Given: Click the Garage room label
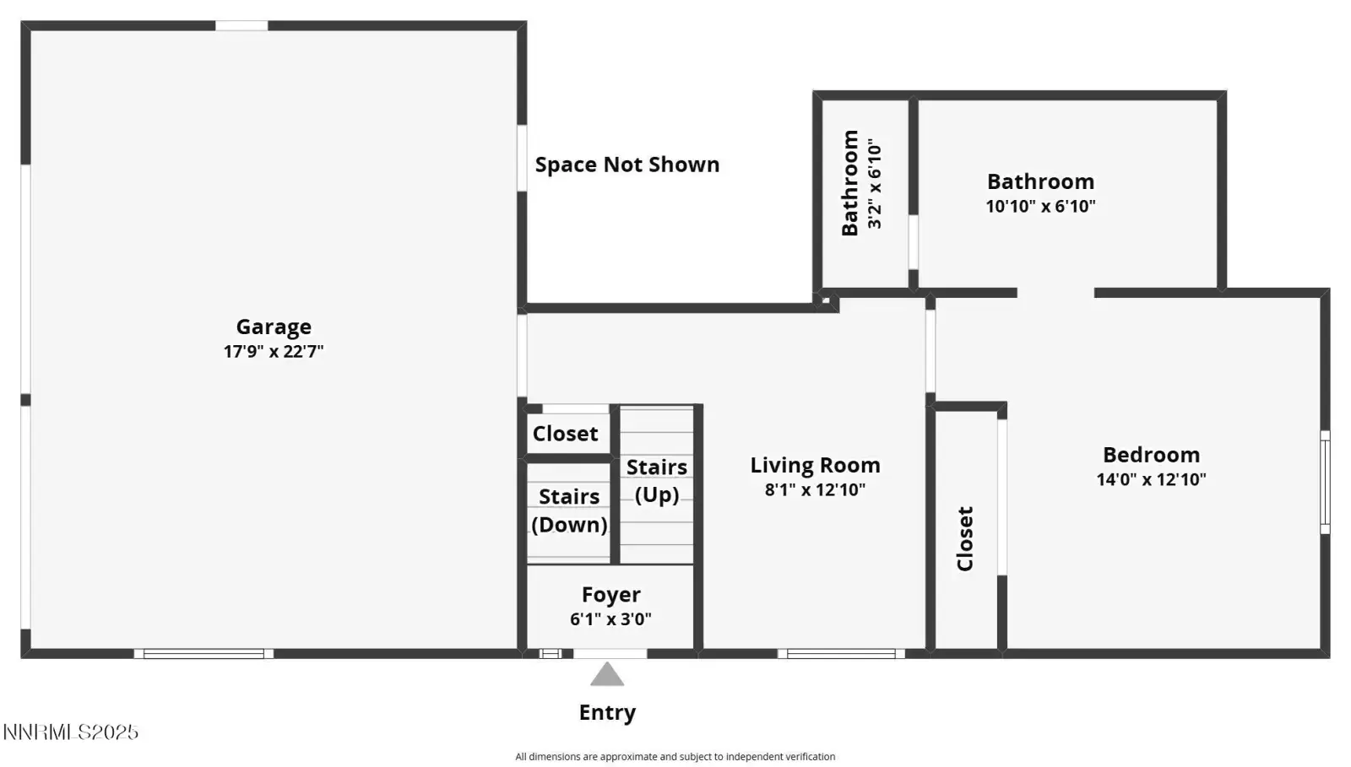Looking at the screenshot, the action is coord(274,327).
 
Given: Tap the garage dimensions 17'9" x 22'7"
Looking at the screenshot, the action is coord(274,351).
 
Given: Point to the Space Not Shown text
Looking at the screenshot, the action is coord(627,165).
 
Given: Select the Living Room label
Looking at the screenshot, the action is coord(816,465).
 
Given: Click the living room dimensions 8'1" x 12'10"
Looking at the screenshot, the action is coord(816,490).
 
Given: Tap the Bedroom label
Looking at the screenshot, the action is coord(1152,455).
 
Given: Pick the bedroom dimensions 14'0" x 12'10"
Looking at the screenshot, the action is coord(1152,479).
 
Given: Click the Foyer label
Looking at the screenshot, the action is coord(611,595).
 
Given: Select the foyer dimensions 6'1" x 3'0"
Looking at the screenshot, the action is coord(611,619).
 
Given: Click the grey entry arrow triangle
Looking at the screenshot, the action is coord(607,675).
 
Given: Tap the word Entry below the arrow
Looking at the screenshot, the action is coord(607,713).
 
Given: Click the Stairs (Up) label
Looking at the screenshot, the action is coord(657,481).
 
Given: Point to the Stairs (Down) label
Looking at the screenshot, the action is coord(569,510).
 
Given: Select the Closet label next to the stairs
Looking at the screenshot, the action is coord(565,434).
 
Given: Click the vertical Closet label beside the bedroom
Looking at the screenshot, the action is coord(965,538).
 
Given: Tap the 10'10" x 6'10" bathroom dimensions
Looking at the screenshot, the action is coord(1041,207).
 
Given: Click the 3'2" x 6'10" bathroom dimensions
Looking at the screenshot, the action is coord(875,184).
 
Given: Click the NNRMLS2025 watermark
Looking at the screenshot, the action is coord(71,732).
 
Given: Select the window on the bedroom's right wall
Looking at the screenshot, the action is coord(1325,482).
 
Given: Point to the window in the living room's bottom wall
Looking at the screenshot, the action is coord(841,654).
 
